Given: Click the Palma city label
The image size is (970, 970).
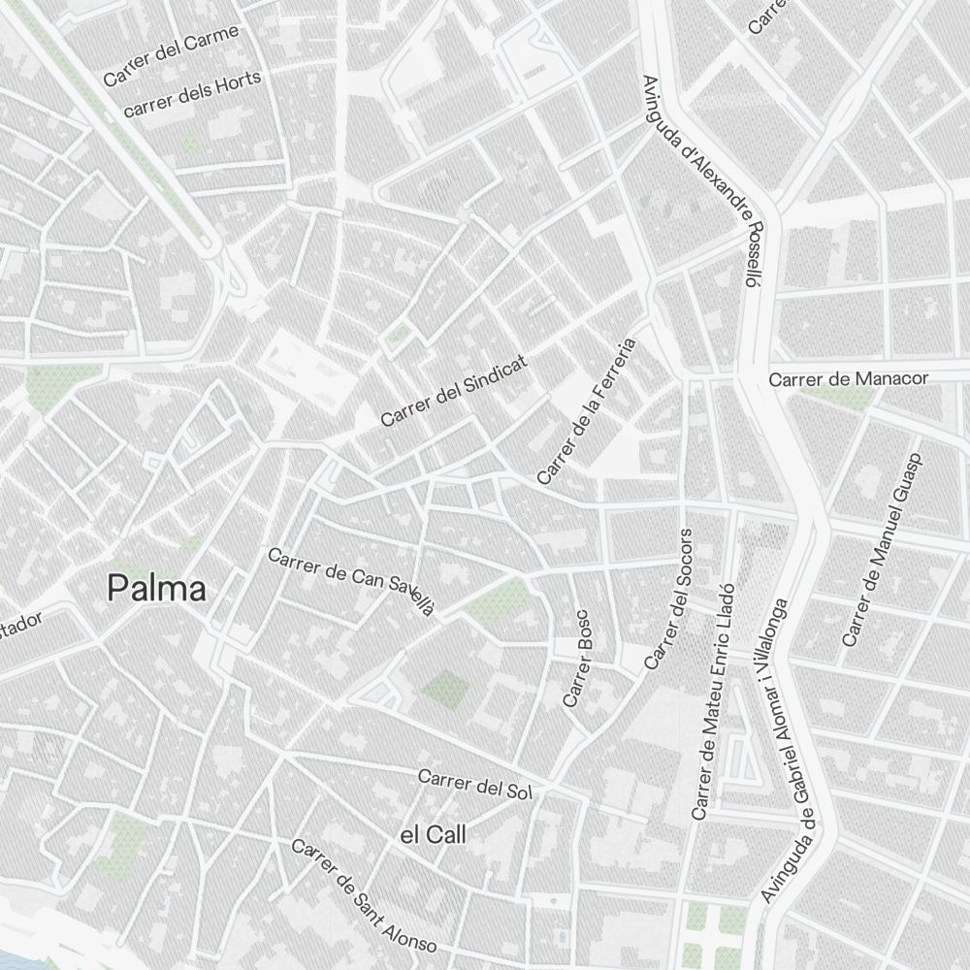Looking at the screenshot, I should click(156, 589).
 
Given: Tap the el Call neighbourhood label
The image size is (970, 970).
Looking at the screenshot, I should click(433, 835).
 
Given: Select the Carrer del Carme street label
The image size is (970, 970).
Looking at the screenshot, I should click(171, 55).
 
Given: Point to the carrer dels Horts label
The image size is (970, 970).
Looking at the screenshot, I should click(193, 95).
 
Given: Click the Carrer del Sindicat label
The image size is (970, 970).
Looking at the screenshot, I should click(454, 391).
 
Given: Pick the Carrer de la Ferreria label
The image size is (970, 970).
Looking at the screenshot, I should click(587, 411).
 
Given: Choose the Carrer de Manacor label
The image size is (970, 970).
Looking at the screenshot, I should click(849, 378).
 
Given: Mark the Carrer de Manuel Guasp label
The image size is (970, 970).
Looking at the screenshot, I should click(882, 548).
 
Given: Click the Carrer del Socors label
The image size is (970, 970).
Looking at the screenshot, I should click(669, 599).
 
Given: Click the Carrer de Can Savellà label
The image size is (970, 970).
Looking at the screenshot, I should click(350, 580).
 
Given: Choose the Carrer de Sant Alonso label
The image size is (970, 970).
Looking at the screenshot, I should click(364, 896).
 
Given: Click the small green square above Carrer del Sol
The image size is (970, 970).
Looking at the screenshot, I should click(445, 688).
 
